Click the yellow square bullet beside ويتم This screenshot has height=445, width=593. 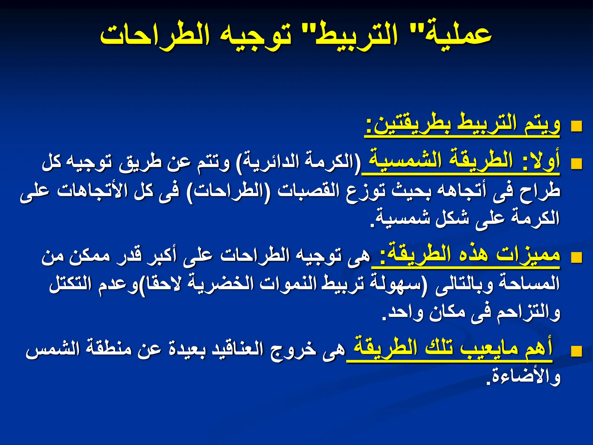[576, 126]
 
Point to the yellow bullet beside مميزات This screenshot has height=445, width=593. [576, 258]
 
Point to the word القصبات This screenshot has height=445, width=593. [308, 191]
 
